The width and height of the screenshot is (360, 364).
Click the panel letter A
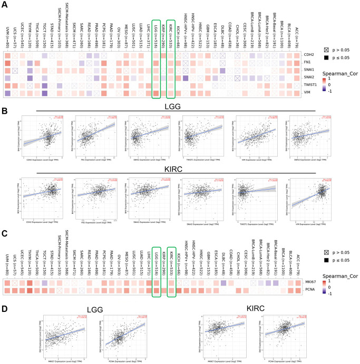[x=4, y=5]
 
